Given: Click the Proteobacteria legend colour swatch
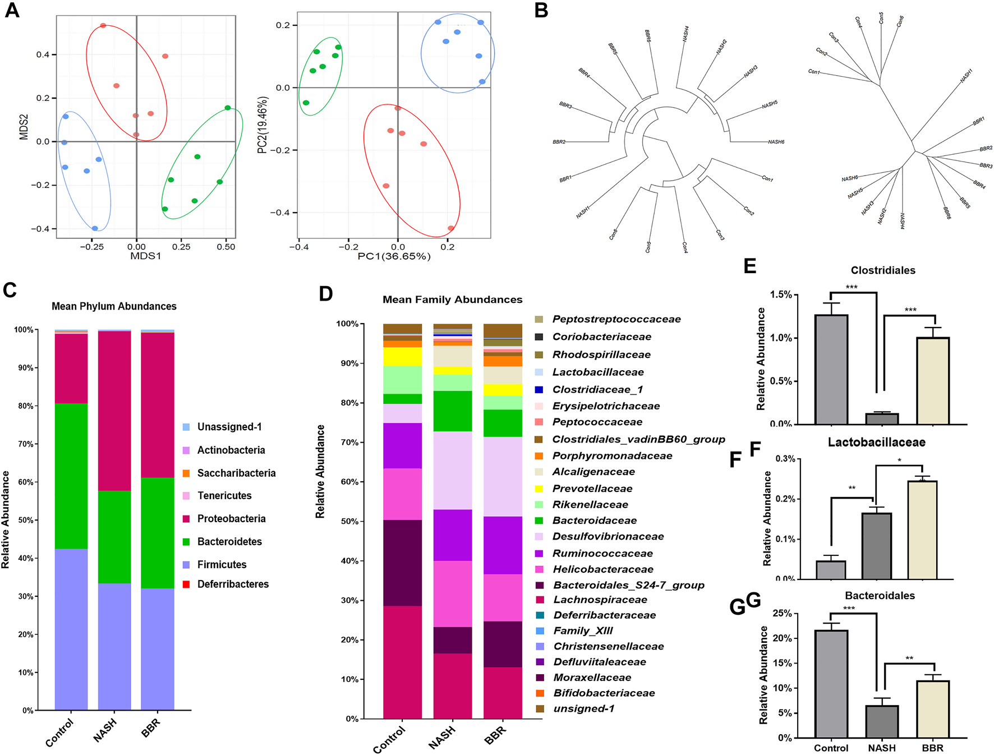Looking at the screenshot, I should coord(186,519).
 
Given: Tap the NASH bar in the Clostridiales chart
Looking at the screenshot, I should coord(882,418).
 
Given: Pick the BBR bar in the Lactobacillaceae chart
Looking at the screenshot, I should coord(922,530).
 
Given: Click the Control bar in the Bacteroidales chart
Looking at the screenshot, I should coord(831,684).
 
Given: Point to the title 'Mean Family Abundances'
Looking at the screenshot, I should coord(452,300).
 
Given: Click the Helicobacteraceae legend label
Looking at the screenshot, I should coord(603,569).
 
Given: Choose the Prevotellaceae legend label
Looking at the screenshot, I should coord(592,489).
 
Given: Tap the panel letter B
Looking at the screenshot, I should coord(541,10).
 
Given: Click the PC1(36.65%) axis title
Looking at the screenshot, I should coord(394,256).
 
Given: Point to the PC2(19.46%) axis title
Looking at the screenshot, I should coord(263,125).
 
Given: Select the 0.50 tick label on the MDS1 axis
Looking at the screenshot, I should coord(226,247).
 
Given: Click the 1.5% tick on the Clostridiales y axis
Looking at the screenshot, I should coord(781,294).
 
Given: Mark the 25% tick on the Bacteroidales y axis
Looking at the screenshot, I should coord(783,614).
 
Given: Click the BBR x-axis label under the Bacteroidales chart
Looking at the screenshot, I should coord(932,748).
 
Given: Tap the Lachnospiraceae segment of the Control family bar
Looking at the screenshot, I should coord(402,662).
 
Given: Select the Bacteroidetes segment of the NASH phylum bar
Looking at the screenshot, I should coord(114,537).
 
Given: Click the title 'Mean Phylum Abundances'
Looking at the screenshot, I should coord(114,306).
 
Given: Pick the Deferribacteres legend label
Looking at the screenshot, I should coord(233,584).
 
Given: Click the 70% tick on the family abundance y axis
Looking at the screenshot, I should coord(349,443).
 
